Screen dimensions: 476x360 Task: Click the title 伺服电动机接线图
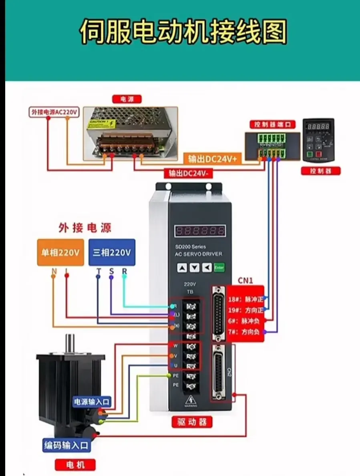183,32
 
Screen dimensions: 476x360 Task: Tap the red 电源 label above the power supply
127,99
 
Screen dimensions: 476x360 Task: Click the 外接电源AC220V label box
54,112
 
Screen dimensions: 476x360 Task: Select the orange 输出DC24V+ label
213,159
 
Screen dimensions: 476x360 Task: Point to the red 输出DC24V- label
188,173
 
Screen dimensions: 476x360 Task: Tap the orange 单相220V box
60,252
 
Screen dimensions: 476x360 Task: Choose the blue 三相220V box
112,252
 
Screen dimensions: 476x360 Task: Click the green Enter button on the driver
219,267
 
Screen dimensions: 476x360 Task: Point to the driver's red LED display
200,231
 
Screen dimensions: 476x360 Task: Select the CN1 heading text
245,281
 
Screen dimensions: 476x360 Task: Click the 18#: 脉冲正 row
245,299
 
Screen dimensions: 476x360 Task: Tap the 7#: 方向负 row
245,332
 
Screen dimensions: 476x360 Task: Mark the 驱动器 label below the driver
192,422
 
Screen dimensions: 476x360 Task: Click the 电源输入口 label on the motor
91,402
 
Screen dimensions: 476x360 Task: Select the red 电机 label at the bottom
75,465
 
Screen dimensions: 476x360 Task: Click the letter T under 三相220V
99,272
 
